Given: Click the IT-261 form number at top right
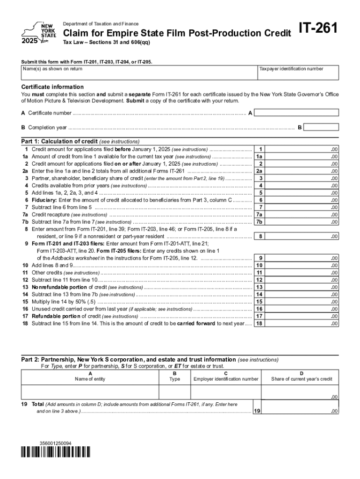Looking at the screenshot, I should pos(319,29).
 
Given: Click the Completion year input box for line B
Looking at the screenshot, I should pos(322,127).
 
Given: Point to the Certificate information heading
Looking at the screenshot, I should pos(53,87).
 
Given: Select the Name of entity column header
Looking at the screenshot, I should pos(90,379).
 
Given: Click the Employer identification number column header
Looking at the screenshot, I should pos(226,379).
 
